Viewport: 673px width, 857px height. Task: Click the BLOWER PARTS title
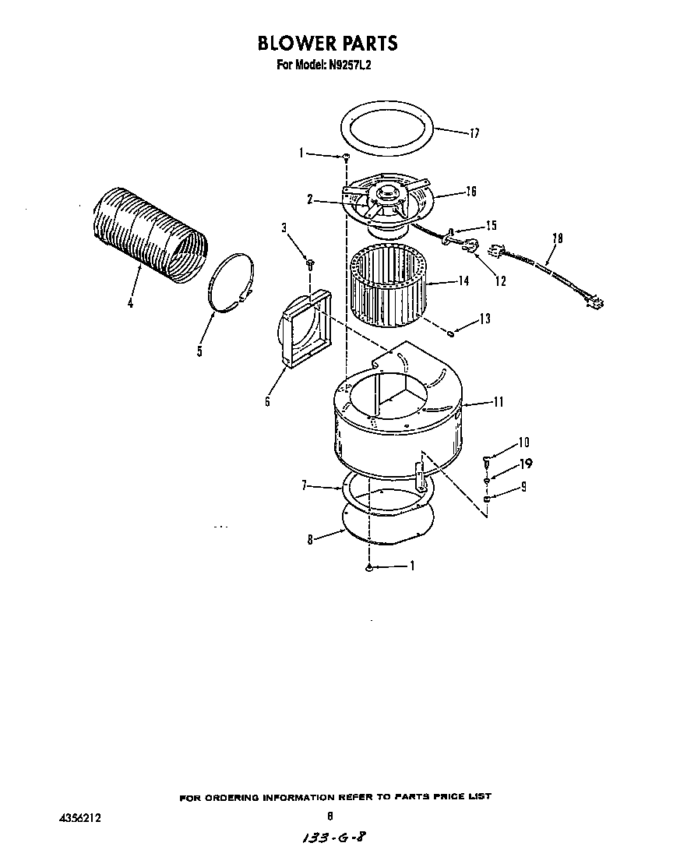(x=327, y=42)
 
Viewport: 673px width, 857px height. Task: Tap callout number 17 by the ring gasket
(x=474, y=133)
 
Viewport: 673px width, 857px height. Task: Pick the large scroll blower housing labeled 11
(x=397, y=421)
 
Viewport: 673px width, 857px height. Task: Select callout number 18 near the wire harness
(x=557, y=238)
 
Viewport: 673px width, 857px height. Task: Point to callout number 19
(x=526, y=464)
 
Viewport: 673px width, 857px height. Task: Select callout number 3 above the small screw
(x=284, y=227)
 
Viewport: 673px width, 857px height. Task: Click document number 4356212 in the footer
(x=80, y=818)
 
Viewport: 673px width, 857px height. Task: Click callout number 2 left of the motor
(x=309, y=199)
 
